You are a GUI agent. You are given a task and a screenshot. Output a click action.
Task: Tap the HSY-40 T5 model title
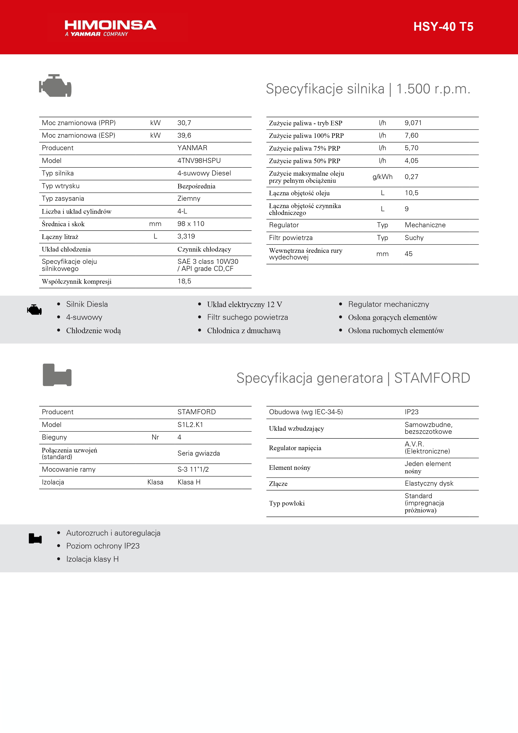443,27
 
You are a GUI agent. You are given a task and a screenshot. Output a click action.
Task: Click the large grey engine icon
55,86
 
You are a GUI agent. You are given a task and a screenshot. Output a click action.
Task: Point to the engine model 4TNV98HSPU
199,161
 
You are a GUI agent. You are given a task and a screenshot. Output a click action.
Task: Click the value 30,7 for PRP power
184,123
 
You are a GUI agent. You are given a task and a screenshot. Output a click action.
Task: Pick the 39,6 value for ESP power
184,135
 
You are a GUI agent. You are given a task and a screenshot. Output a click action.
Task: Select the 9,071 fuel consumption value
413,123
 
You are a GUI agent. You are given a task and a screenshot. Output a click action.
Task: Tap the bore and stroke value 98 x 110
190,224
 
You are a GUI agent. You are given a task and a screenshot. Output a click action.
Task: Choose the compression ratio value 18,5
184,281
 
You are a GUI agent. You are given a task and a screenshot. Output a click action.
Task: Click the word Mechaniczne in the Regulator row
425,225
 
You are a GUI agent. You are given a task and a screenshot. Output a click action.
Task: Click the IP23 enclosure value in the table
411,412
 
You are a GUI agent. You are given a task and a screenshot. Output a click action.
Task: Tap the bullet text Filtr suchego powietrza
247,317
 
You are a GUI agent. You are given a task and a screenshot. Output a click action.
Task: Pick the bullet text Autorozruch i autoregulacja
113,533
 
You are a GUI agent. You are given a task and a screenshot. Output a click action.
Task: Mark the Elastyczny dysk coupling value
429,483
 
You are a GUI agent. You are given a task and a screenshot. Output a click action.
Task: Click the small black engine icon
34,310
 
